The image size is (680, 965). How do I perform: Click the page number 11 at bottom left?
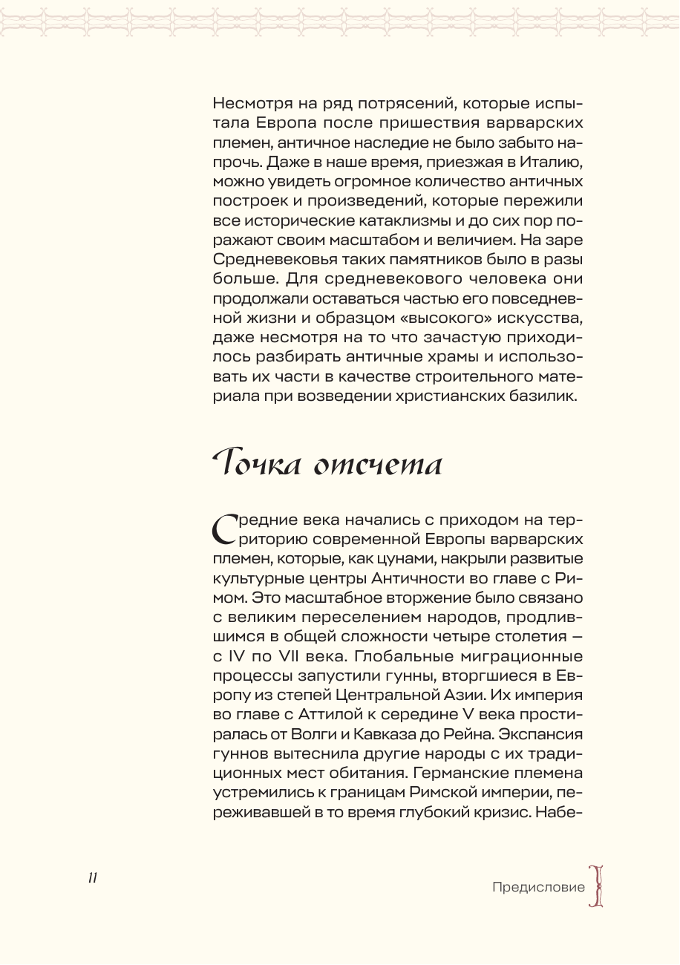93,877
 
